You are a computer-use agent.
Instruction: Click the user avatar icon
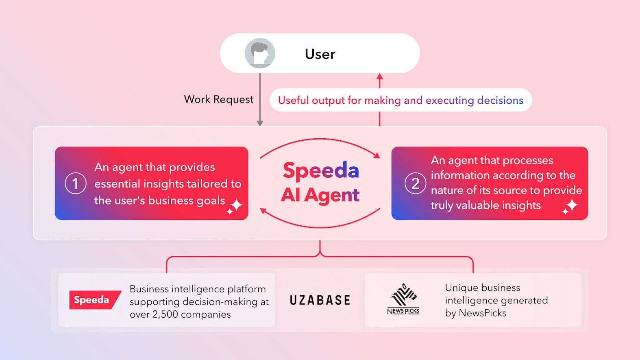pos(260,53)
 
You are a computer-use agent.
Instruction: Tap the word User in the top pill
pos(320,54)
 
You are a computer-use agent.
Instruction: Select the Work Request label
pos(218,99)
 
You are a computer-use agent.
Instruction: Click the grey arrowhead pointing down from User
pos(260,123)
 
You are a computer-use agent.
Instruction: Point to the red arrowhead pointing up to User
pos(380,76)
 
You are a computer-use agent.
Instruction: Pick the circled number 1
pos(76,183)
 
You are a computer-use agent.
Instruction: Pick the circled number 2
pos(415,183)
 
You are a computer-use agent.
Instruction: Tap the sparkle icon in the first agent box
pos(235,206)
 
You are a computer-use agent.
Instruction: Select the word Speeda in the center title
pos(321,170)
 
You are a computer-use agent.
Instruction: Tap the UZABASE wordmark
pos(320,300)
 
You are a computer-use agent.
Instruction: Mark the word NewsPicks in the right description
pos(482,313)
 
